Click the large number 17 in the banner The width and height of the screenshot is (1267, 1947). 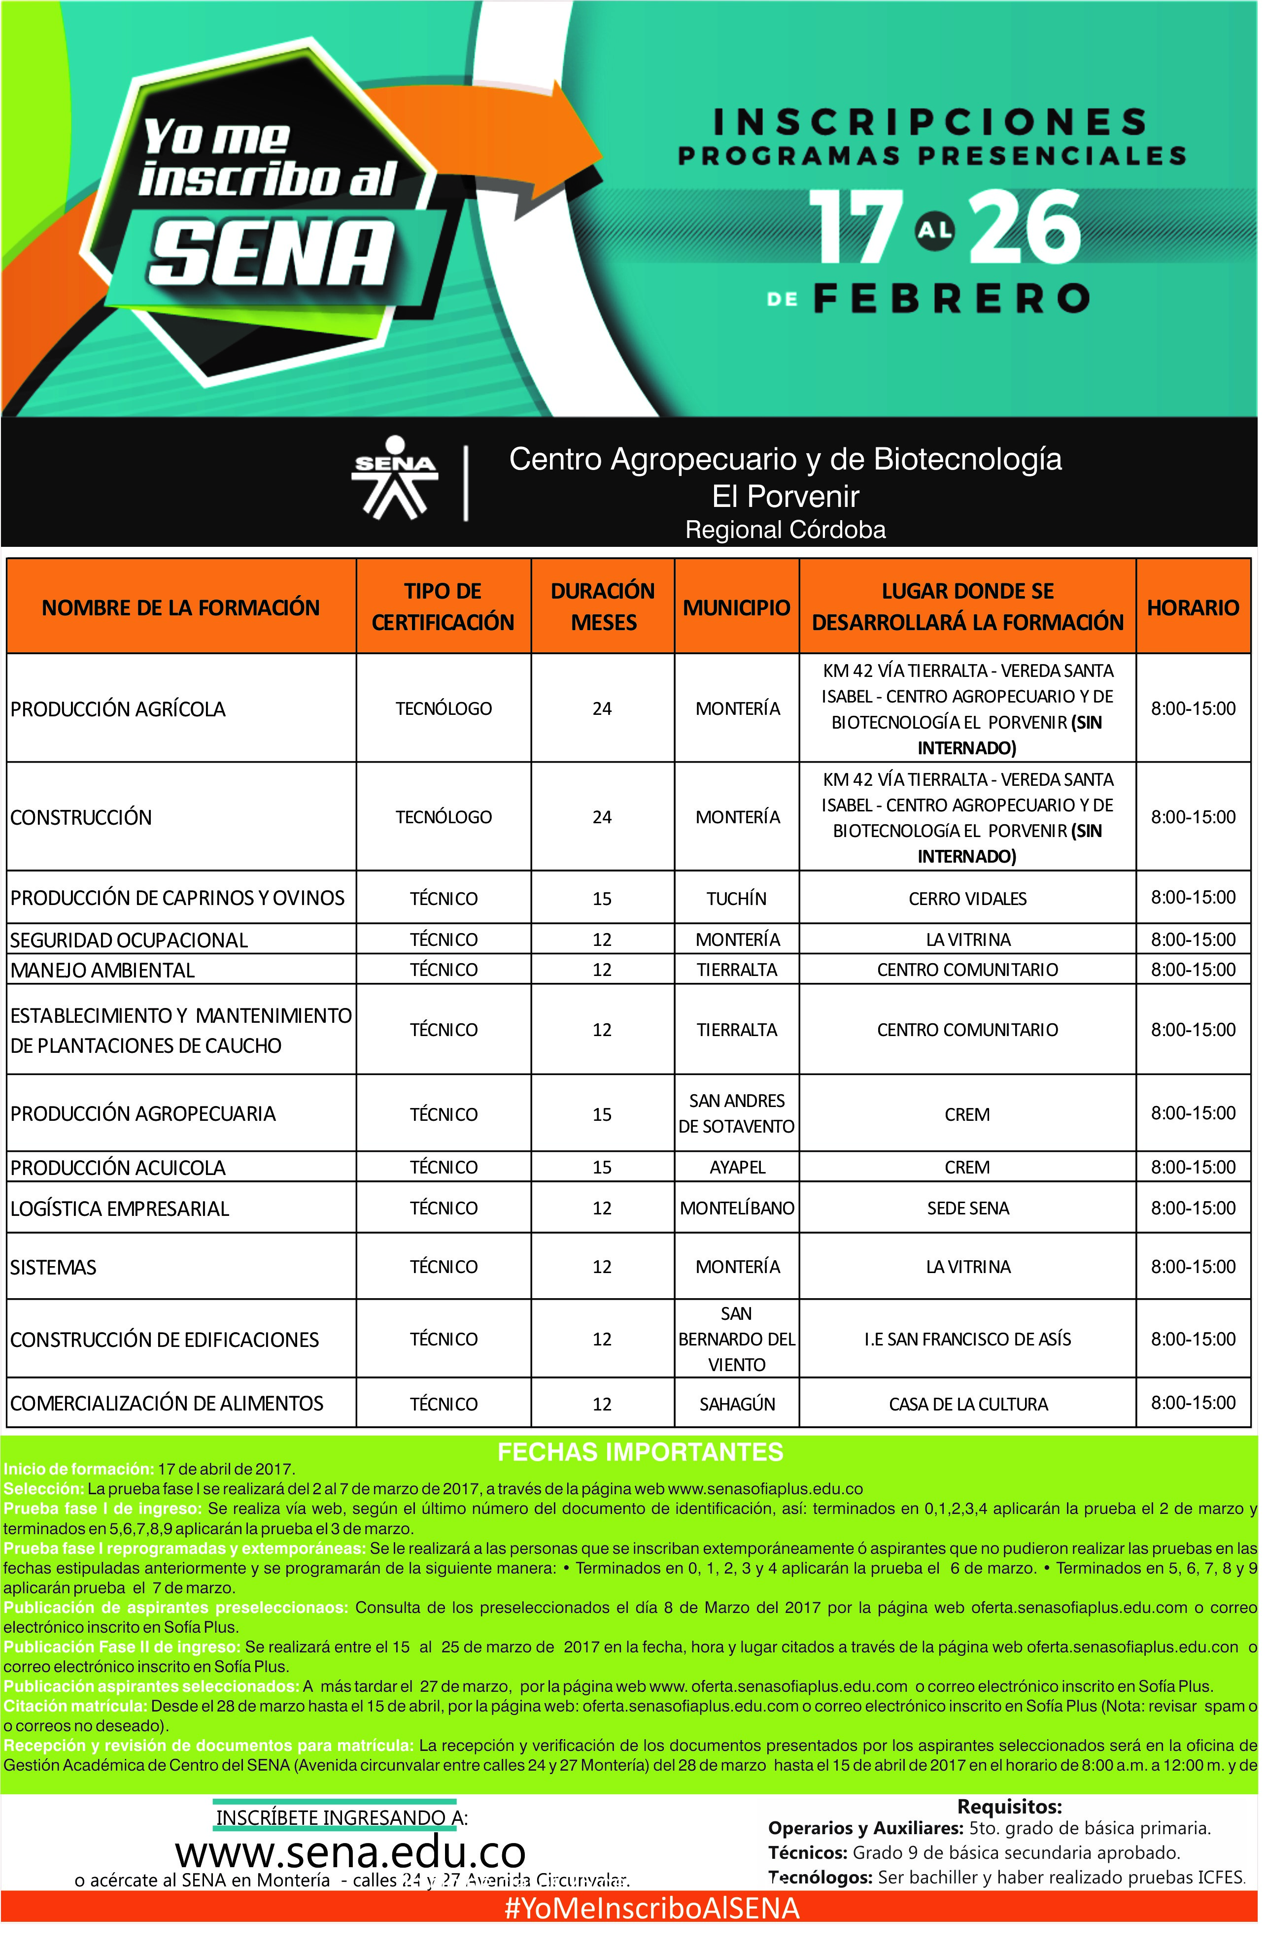coord(856,228)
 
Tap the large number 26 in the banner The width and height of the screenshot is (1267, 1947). coord(1027,228)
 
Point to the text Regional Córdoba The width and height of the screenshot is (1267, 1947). coord(785,530)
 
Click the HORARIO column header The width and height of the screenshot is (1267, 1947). coord(1193,607)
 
